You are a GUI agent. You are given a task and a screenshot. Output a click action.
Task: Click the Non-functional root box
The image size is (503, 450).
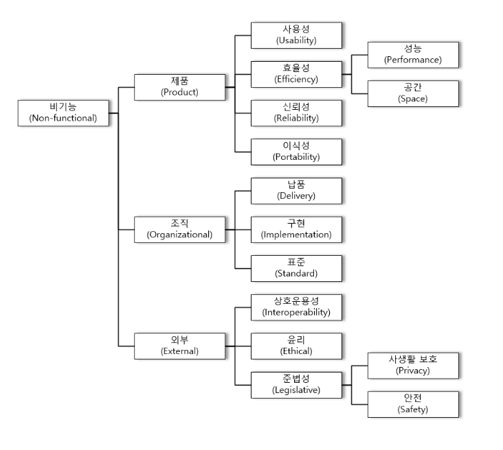tap(63, 113)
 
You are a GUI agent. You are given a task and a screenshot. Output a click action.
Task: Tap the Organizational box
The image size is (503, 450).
tap(180, 229)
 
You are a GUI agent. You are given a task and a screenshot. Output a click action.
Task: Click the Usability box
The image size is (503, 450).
tap(296, 35)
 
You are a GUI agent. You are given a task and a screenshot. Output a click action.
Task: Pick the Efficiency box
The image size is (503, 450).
tap(296, 74)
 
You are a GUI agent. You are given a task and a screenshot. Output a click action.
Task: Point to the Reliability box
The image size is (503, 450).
tap(296, 113)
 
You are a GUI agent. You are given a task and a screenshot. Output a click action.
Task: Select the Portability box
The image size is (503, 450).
tap(296, 152)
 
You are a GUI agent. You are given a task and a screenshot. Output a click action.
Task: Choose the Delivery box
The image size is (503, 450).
tap(296, 191)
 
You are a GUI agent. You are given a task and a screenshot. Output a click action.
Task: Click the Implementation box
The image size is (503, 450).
tap(296, 229)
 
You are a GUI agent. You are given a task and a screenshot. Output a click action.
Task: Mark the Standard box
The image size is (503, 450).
tap(296, 268)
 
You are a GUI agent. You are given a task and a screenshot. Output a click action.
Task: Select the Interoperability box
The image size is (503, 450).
tap(296, 307)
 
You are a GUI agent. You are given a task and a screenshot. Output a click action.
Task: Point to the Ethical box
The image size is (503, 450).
tap(296, 346)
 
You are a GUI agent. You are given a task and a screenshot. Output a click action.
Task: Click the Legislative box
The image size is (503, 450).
tap(296, 385)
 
